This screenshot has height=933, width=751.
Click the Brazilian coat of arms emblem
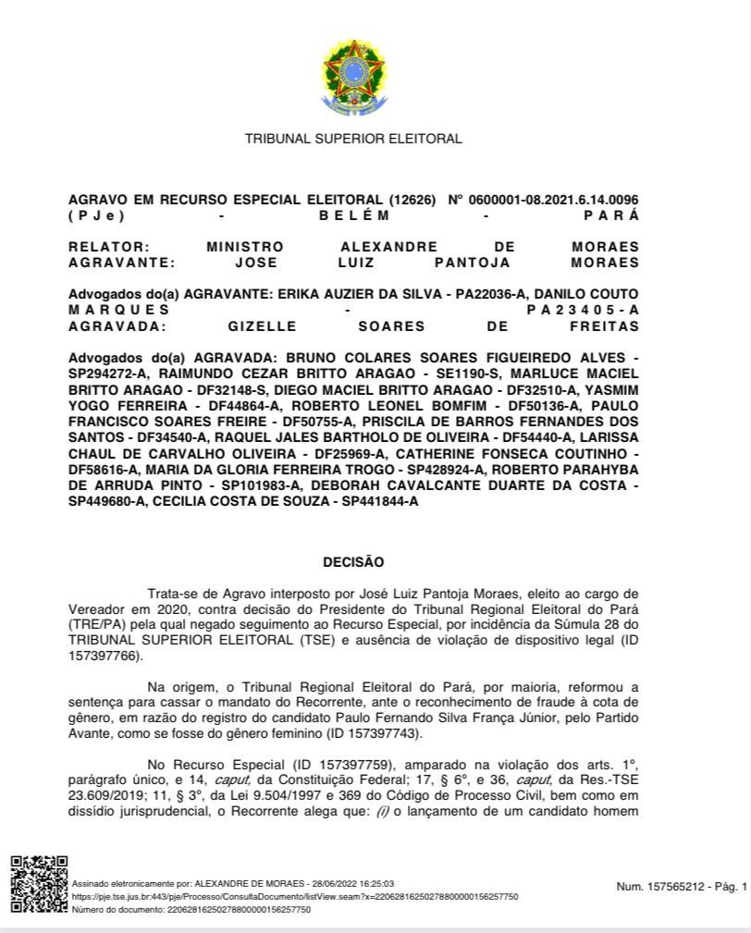click(x=352, y=73)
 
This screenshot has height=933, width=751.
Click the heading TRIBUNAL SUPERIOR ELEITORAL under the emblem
click(x=353, y=139)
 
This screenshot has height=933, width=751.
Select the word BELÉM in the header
click(x=354, y=215)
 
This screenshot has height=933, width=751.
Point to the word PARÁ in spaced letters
click(x=611, y=215)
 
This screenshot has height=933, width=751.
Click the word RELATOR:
click(x=108, y=247)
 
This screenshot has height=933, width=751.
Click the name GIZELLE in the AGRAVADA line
click(x=263, y=326)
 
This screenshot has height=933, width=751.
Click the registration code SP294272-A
click(x=110, y=374)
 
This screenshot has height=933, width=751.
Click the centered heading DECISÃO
click(x=353, y=562)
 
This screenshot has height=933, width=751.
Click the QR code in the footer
click(x=38, y=885)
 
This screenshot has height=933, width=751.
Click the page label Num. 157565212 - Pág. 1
click(x=681, y=888)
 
